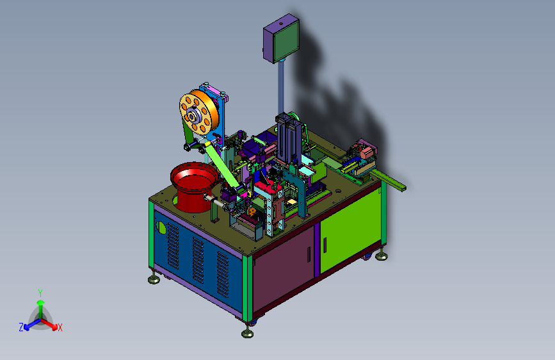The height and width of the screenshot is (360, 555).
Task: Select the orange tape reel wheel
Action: [x=198, y=111]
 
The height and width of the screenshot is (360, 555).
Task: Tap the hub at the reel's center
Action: [x=192, y=115]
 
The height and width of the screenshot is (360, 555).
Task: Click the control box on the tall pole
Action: [x=282, y=38]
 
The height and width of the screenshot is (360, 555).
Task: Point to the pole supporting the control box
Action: [x=281, y=88]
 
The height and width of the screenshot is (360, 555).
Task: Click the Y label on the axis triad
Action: [x=40, y=293]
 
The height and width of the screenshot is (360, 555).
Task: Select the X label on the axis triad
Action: [x=60, y=328]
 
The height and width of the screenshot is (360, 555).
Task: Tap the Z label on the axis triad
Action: [x=21, y=327]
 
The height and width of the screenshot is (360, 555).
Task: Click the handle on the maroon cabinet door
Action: [x=309, y=254]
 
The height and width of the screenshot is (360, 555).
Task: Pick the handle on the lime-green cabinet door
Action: [x=325, y=245]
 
